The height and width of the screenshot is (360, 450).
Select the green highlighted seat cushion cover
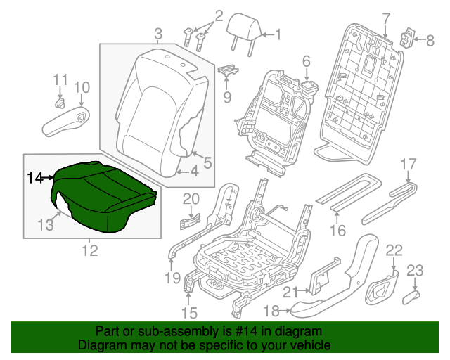(102, 193)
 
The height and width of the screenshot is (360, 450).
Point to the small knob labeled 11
(61, 104)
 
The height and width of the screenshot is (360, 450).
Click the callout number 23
(416, 270)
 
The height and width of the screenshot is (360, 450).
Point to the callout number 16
(338, 230)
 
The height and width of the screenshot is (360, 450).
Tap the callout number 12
(89, 249)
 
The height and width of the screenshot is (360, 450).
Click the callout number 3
(157, 33)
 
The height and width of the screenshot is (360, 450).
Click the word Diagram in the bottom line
(102, 346)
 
